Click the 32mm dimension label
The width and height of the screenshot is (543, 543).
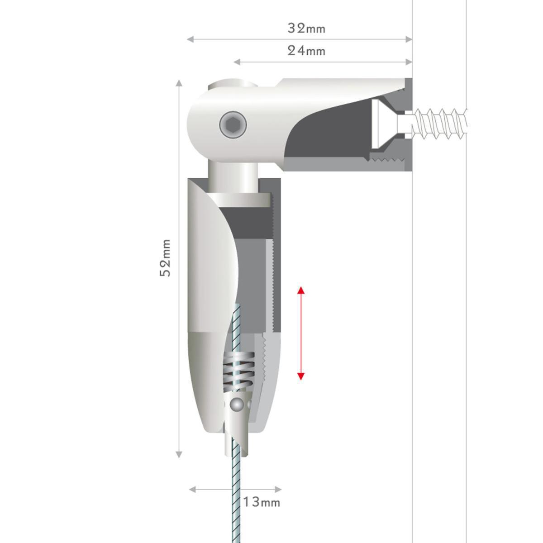(x=307, y=29)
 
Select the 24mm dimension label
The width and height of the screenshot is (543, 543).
(x=307, y=51)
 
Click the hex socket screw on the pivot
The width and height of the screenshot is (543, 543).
(x=233, y=124)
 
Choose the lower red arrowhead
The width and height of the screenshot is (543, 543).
(x=301, y=376)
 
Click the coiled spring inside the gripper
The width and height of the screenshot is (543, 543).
(x=239, y=372)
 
